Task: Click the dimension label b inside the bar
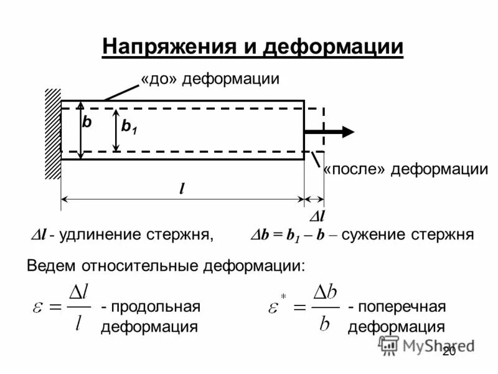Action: tap(87, 123)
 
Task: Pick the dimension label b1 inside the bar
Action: tap(129, 127)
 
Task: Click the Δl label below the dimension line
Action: tap(317, 216)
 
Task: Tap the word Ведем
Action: tap(50, 266)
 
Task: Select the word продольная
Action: tap(151, 307)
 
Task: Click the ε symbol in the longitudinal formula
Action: tap(39, 308)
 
